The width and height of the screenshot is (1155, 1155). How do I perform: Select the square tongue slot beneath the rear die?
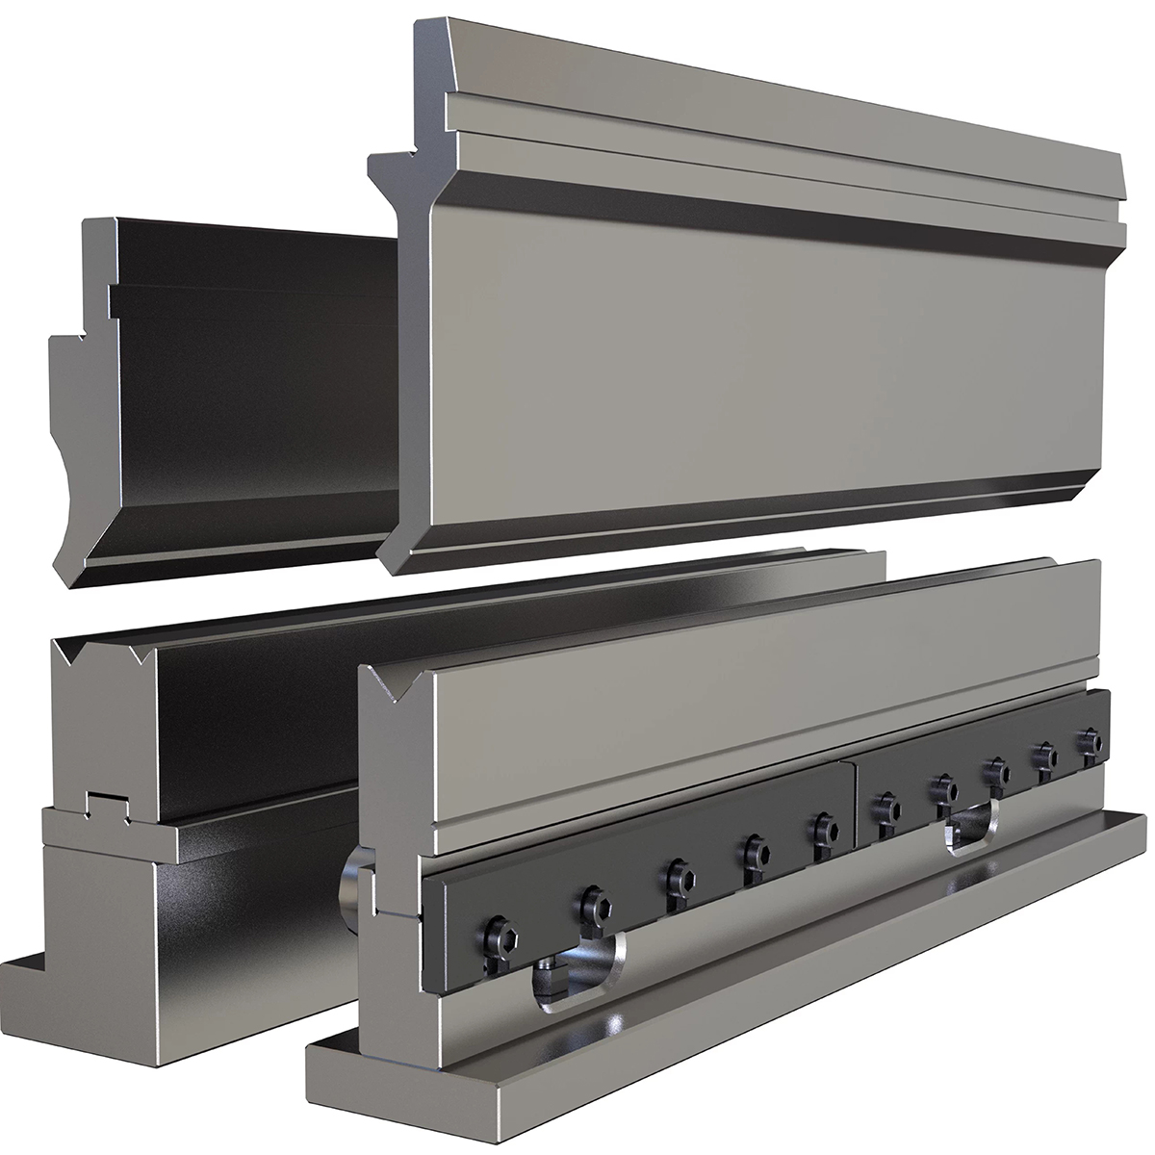click(x=107, y=804)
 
